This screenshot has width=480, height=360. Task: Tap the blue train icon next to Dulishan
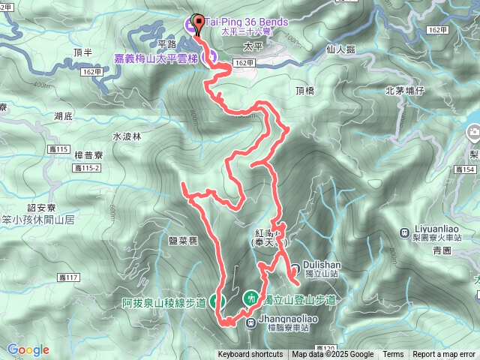point(293,265)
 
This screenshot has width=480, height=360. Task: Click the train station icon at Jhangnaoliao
point(251,322)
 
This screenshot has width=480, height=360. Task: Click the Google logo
point(28,349)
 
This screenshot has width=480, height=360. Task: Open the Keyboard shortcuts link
point(251,355)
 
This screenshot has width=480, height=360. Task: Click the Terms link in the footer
point(393,355)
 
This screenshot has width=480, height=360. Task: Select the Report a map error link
point(444,355)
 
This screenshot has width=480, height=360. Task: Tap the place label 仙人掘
point(341,48)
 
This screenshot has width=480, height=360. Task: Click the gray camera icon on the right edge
point(473,133)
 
